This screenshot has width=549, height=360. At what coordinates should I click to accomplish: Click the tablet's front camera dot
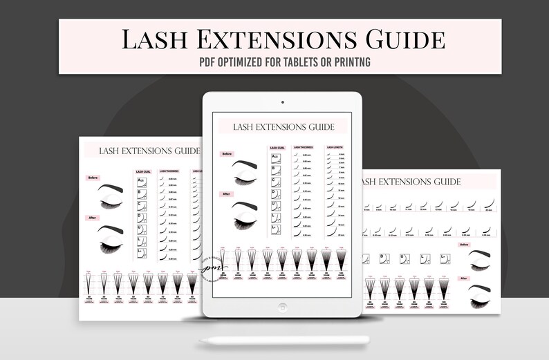point(282,102)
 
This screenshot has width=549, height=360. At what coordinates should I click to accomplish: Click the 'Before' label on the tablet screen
point(226,153)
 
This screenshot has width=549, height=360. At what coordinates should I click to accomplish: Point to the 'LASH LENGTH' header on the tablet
point(335,147)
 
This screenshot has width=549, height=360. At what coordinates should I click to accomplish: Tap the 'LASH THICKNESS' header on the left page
point(170,171)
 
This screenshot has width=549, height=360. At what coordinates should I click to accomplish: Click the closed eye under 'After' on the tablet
point(248,217)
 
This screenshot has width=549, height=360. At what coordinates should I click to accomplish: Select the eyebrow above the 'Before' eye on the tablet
point(248,165)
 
